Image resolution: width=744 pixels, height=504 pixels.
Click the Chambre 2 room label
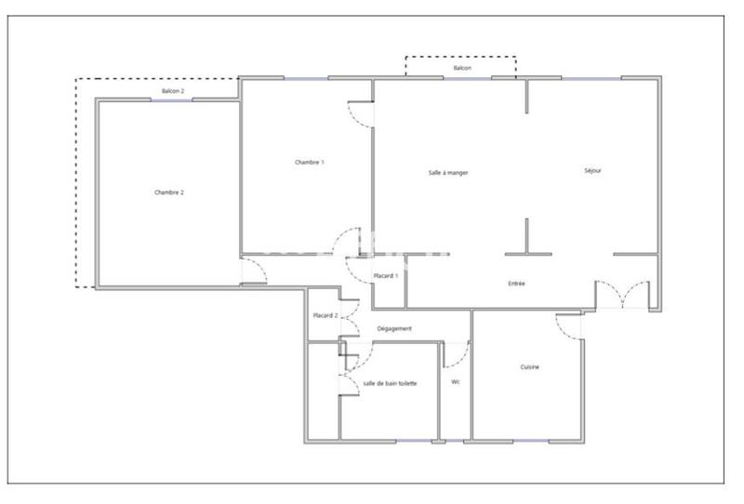tap(169, 192)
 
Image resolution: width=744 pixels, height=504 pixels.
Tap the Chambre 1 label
tap(310, 163)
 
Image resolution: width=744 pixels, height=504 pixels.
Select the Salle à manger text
tap(448, 173)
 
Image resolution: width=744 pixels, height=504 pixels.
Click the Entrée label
tap(517, 283)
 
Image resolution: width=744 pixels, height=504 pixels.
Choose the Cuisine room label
tap(530, 367)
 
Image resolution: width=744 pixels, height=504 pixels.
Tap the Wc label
tap(456, 382)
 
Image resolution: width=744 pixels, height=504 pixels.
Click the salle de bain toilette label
tap(390, 383)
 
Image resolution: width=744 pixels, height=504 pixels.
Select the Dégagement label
tap(394, 328)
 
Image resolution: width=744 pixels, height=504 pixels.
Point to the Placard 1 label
tap(386, 276)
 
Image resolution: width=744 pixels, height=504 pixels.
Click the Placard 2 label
tap(325, 316)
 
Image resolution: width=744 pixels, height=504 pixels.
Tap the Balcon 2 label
tap(173, 91)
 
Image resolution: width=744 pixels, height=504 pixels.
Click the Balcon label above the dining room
tap(461, 69)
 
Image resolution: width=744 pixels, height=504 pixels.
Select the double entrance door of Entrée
tap(623, 294)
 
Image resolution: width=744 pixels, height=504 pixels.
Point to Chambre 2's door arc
tap(255, 272)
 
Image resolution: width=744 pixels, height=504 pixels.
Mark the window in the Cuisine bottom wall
tap(529, 440)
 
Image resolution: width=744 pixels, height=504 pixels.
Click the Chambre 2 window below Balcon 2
tap(171, 100)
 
